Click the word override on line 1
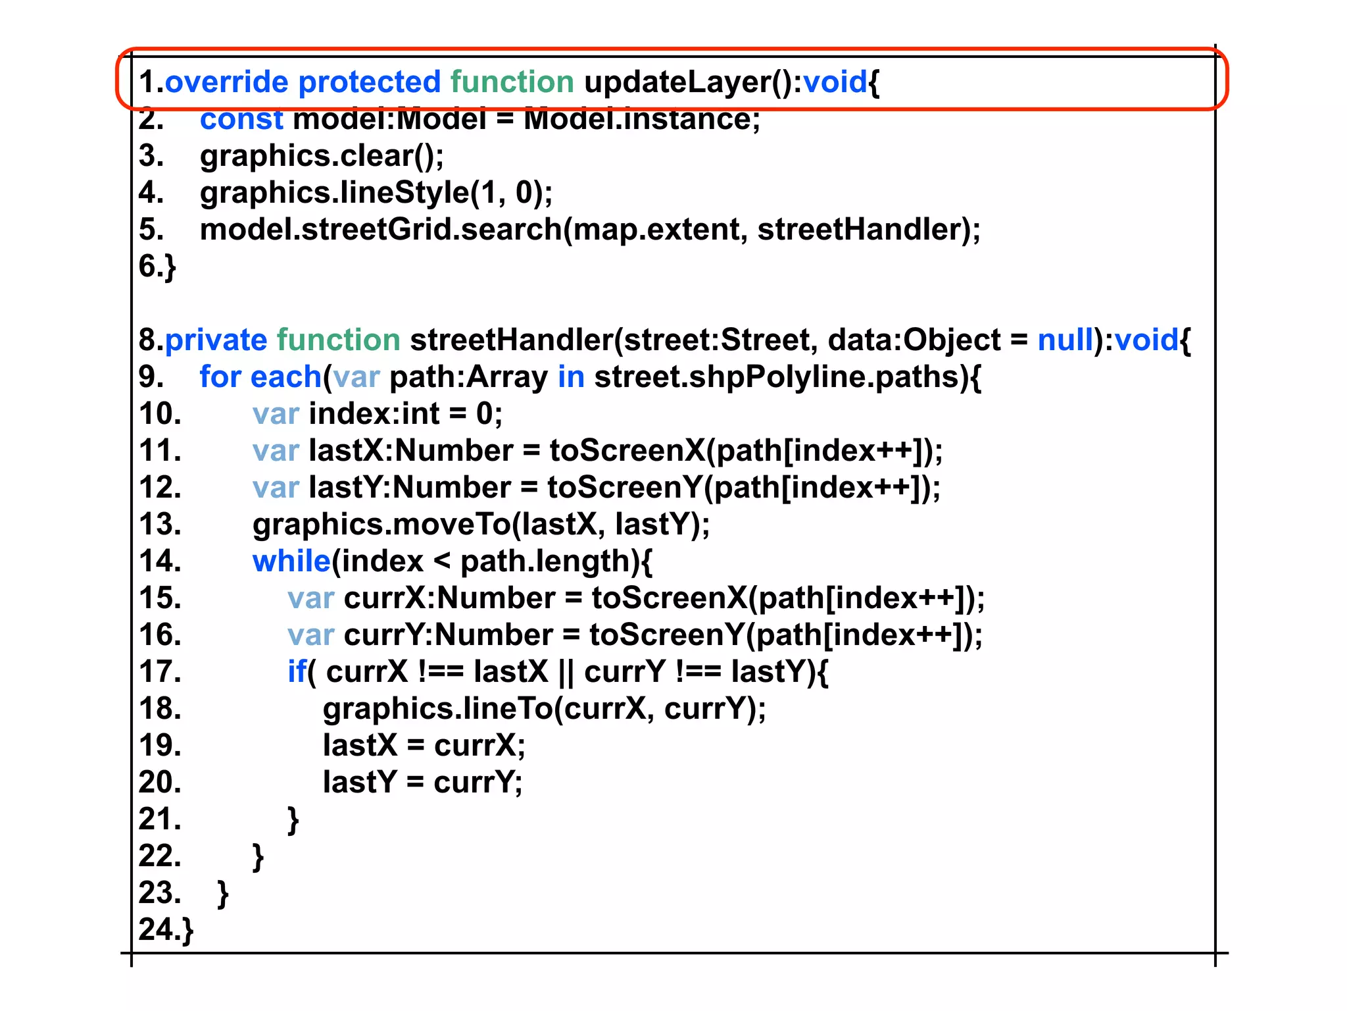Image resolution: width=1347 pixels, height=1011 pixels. coord(226,82)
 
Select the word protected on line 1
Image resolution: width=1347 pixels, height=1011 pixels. coord(369,82)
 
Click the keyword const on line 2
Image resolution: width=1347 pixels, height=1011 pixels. coord(241,120)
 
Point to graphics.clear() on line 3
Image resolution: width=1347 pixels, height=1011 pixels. coord(322,156)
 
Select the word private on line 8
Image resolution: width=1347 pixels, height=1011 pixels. coord(216,340)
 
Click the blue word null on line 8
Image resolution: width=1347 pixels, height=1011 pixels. coord(1065,340)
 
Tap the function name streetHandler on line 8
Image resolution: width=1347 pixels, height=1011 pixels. coord(511,340)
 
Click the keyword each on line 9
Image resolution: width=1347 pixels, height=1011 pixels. coord(285,377)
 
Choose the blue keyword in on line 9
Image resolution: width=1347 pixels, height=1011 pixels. coord(571,377)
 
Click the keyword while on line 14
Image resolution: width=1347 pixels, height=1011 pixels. coord(291,561)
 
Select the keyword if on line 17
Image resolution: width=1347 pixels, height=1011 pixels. coord(297,672)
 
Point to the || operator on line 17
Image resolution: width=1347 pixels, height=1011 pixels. coord(566,672)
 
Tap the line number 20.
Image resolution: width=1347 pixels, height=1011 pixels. coord(160,783)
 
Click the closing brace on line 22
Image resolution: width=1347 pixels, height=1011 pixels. coord(258,858)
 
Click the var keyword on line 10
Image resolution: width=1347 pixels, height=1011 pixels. coord(276,414)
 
